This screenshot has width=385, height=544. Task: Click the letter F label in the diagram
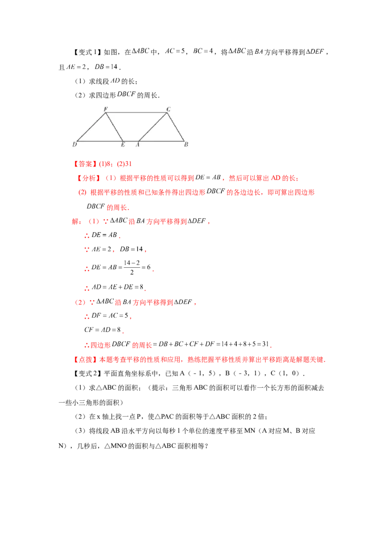pos(105,109)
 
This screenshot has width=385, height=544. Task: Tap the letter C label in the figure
pos(168,109)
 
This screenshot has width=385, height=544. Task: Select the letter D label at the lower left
pos(75,144)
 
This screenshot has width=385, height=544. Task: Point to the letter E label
pos(123,144)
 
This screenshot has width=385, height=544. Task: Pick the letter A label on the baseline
pos(138,144)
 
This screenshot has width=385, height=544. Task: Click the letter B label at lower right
pos(186,144)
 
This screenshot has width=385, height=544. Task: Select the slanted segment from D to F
pos(91,127)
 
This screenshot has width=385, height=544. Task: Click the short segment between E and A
pos(130,141)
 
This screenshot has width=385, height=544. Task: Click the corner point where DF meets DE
pos(77,141)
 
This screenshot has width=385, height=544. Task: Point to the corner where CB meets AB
pos(184,141)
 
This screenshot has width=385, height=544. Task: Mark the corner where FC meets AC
pos(167,113)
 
